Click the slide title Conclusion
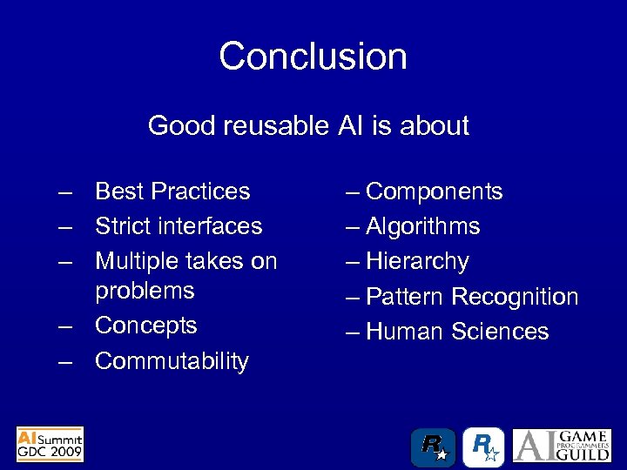pyautogui.click(x=313, y=57)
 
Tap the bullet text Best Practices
pyautogui.click(x=172, y=191)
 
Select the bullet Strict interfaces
pyautogui.click(x=179, y=226)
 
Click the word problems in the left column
pyautogui.click(x=145, y=291)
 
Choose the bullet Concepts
pyautogui.click(x=145, y=326)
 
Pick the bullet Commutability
pyautogui.click(x=172, y=361)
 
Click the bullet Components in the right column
pyautogui.click(x=435, y=191)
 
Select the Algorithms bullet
pyautogui.click(x=423, y=226)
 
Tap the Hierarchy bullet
pyautogui.click(x=418, y=261)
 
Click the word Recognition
pyautogui.click(x=515, y=297)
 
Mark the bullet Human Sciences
pyautogui.click(x=457, y=332)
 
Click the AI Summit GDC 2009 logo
pyautogui.click(x=51, y=444)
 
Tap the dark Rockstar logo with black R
pyautogui.click(x=433, y=447)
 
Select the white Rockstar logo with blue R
pyautogui.click(x=483, y=447)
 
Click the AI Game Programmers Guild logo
pyautogui.click(x=562, y=446)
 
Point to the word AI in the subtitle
pyautogui.click(x=352, y=126)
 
